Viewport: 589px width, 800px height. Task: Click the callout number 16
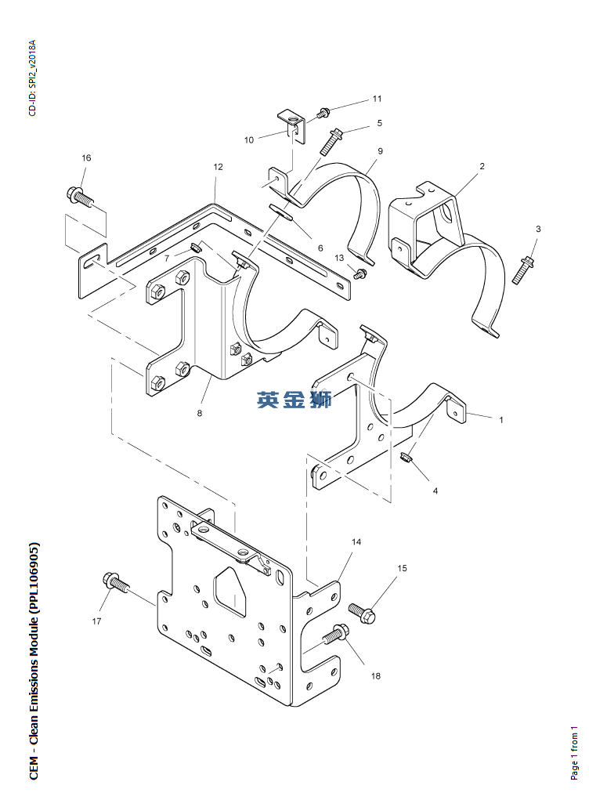tap(86, 157)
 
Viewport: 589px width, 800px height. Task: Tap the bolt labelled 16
tap(81, 197)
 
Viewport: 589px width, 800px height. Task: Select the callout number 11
tap(377, 99)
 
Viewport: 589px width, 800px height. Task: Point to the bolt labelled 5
tap(331, 141)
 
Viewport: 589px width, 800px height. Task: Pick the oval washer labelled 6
tap(280, 212)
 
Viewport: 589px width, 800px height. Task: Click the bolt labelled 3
tap(522, 270)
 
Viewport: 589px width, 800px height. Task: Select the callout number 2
tap(482, 166)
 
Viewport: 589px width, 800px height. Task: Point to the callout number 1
tap(501, 420)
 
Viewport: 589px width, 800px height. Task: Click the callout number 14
tap(356, 542)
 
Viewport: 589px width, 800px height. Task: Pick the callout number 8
tap(200, 413)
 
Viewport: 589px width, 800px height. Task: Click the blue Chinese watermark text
tap(294, 400)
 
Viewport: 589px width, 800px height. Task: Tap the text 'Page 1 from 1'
tap(575, 752)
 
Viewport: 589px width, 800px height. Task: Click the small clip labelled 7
tap(195, 248)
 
